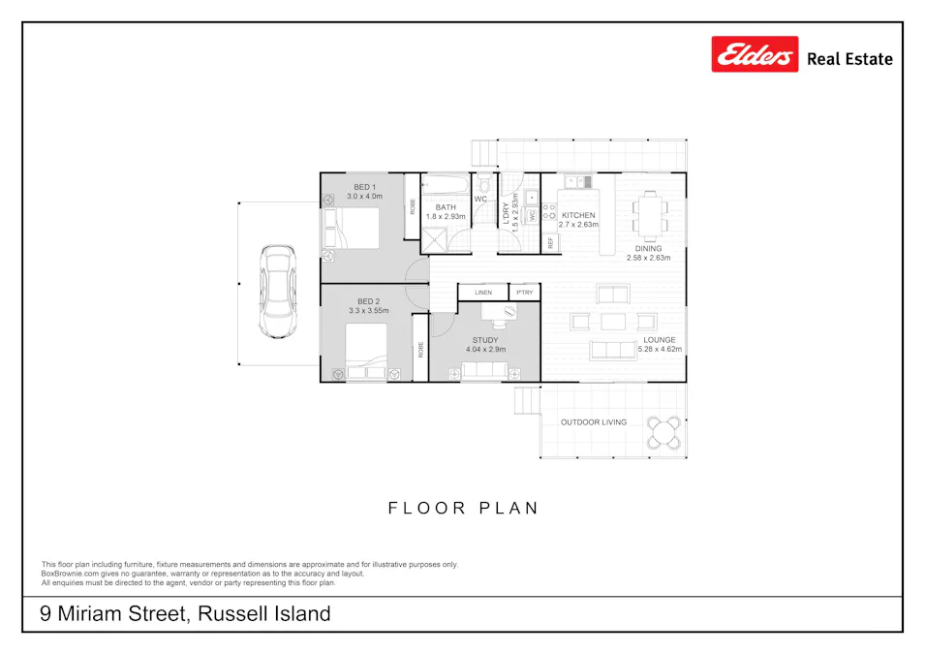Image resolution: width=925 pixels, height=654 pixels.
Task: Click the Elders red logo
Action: [x=755, y=54]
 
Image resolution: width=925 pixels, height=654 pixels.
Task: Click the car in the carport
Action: [x=279, y=292]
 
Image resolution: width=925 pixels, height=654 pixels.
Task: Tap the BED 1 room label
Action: [x=364, y=187]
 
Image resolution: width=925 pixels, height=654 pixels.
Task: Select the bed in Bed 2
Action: [x=366, y=352]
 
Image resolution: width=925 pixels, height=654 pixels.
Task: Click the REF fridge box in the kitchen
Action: [x=550, y=242]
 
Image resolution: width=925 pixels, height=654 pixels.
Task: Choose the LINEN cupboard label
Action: [x=482, y=292]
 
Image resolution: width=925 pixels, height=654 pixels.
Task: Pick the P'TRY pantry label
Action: [x=524, y=292]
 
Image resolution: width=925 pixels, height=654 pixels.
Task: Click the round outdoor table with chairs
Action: [x=664, y=432]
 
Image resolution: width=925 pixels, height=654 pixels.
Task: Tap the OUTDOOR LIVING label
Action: [x=593, y=422]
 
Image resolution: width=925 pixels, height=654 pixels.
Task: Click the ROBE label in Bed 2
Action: [x=420, y=349]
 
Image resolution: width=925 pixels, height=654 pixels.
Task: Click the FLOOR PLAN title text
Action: [x=463, y=508]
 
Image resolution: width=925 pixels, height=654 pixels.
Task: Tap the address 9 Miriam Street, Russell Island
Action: [x=185, y=613]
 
